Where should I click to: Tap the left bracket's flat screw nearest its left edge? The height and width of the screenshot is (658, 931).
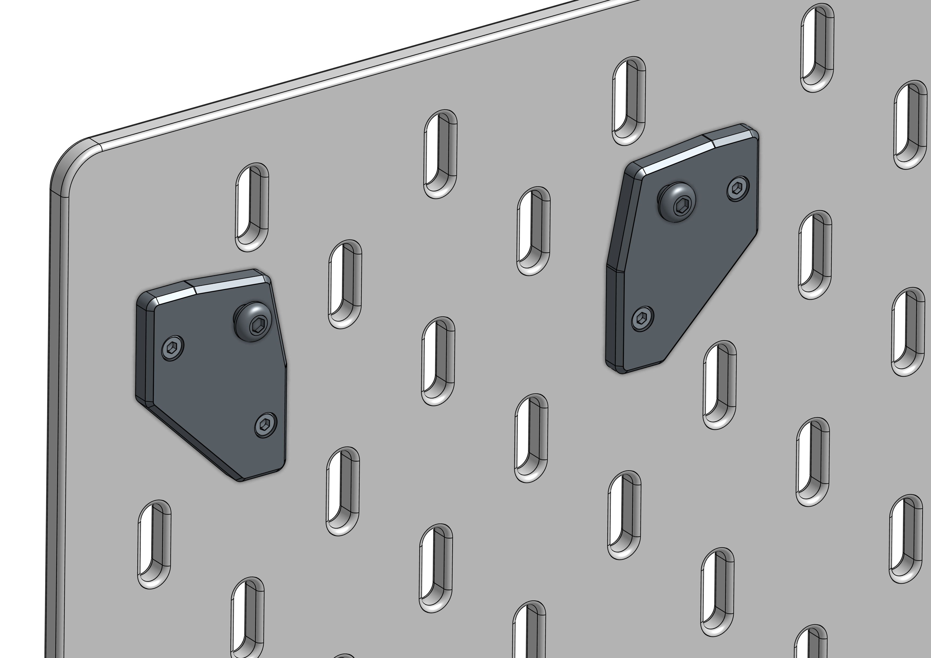coord(172,348)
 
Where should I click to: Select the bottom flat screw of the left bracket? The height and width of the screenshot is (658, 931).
coord(266,425)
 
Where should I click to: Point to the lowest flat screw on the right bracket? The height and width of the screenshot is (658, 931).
coord(643,318)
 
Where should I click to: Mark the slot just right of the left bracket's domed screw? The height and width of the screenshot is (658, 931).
coord(345,284)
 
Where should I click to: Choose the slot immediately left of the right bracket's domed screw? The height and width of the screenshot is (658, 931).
coord(534,231)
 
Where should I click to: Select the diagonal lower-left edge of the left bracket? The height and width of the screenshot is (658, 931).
coord(195,442)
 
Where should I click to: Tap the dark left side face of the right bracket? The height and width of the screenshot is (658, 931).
coord(614,308)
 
